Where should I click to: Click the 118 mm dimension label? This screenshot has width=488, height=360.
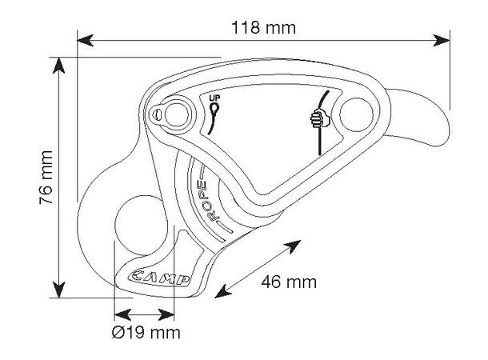tap(264, 28)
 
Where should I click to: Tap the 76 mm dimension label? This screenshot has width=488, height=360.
tap(46, 178)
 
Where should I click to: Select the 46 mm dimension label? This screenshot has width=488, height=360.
tap(289, 282)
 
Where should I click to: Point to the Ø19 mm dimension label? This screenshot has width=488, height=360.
tap(146, 332)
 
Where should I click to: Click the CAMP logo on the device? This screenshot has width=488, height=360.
tap(159, 278)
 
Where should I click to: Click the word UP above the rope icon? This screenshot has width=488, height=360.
tap(214, 98)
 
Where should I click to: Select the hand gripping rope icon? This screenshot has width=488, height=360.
tap(320, 118)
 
